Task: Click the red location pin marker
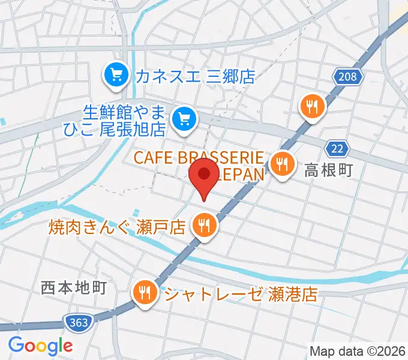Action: [x=204, y=175]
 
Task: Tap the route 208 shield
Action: [x=347, y=76]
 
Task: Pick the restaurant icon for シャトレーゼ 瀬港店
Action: [x=145, y=293]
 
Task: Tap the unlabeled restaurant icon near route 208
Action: [x=312, y=107]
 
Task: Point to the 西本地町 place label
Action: [x=74, y=287]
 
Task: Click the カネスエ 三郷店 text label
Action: [x=195, y=76]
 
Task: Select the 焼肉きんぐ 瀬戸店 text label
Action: [x=116, y=227]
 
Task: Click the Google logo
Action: [x=40, y=346]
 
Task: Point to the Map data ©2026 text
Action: [x=358, y=350]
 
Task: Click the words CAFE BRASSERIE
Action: [x=199, y=158]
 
